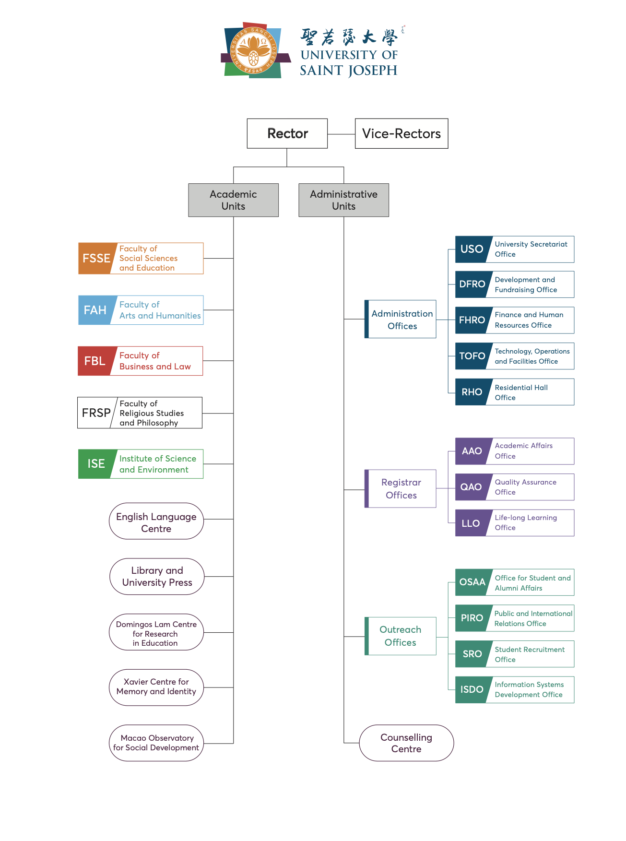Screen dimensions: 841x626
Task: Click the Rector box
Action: (287, 133)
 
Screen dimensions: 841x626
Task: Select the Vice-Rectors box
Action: (401, 133)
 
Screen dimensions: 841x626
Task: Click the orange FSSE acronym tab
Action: (96, 259)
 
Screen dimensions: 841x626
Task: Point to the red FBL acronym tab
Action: (94, 361)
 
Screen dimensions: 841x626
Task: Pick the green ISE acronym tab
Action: (96, 464)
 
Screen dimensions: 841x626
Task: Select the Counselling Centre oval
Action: (406, 743)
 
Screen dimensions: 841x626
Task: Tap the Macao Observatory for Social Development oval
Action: (156, 743)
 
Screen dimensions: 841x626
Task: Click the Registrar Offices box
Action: (401, 488)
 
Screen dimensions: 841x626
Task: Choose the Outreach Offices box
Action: (401, 636)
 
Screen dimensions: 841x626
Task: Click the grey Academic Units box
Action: (233, 200)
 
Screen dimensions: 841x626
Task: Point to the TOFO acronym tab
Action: (472, 356)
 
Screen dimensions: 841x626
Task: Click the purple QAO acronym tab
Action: (471, 487)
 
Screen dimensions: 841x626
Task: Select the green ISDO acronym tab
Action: (472, 689)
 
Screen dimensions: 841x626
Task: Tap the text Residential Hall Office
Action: (521, 392)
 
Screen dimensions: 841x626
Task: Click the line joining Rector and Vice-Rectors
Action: (341, 134)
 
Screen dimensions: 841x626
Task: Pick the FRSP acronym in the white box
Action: (96, 413)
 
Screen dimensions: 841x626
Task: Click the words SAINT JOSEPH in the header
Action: (348, 71)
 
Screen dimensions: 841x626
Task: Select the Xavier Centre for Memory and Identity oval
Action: (156, 687)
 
